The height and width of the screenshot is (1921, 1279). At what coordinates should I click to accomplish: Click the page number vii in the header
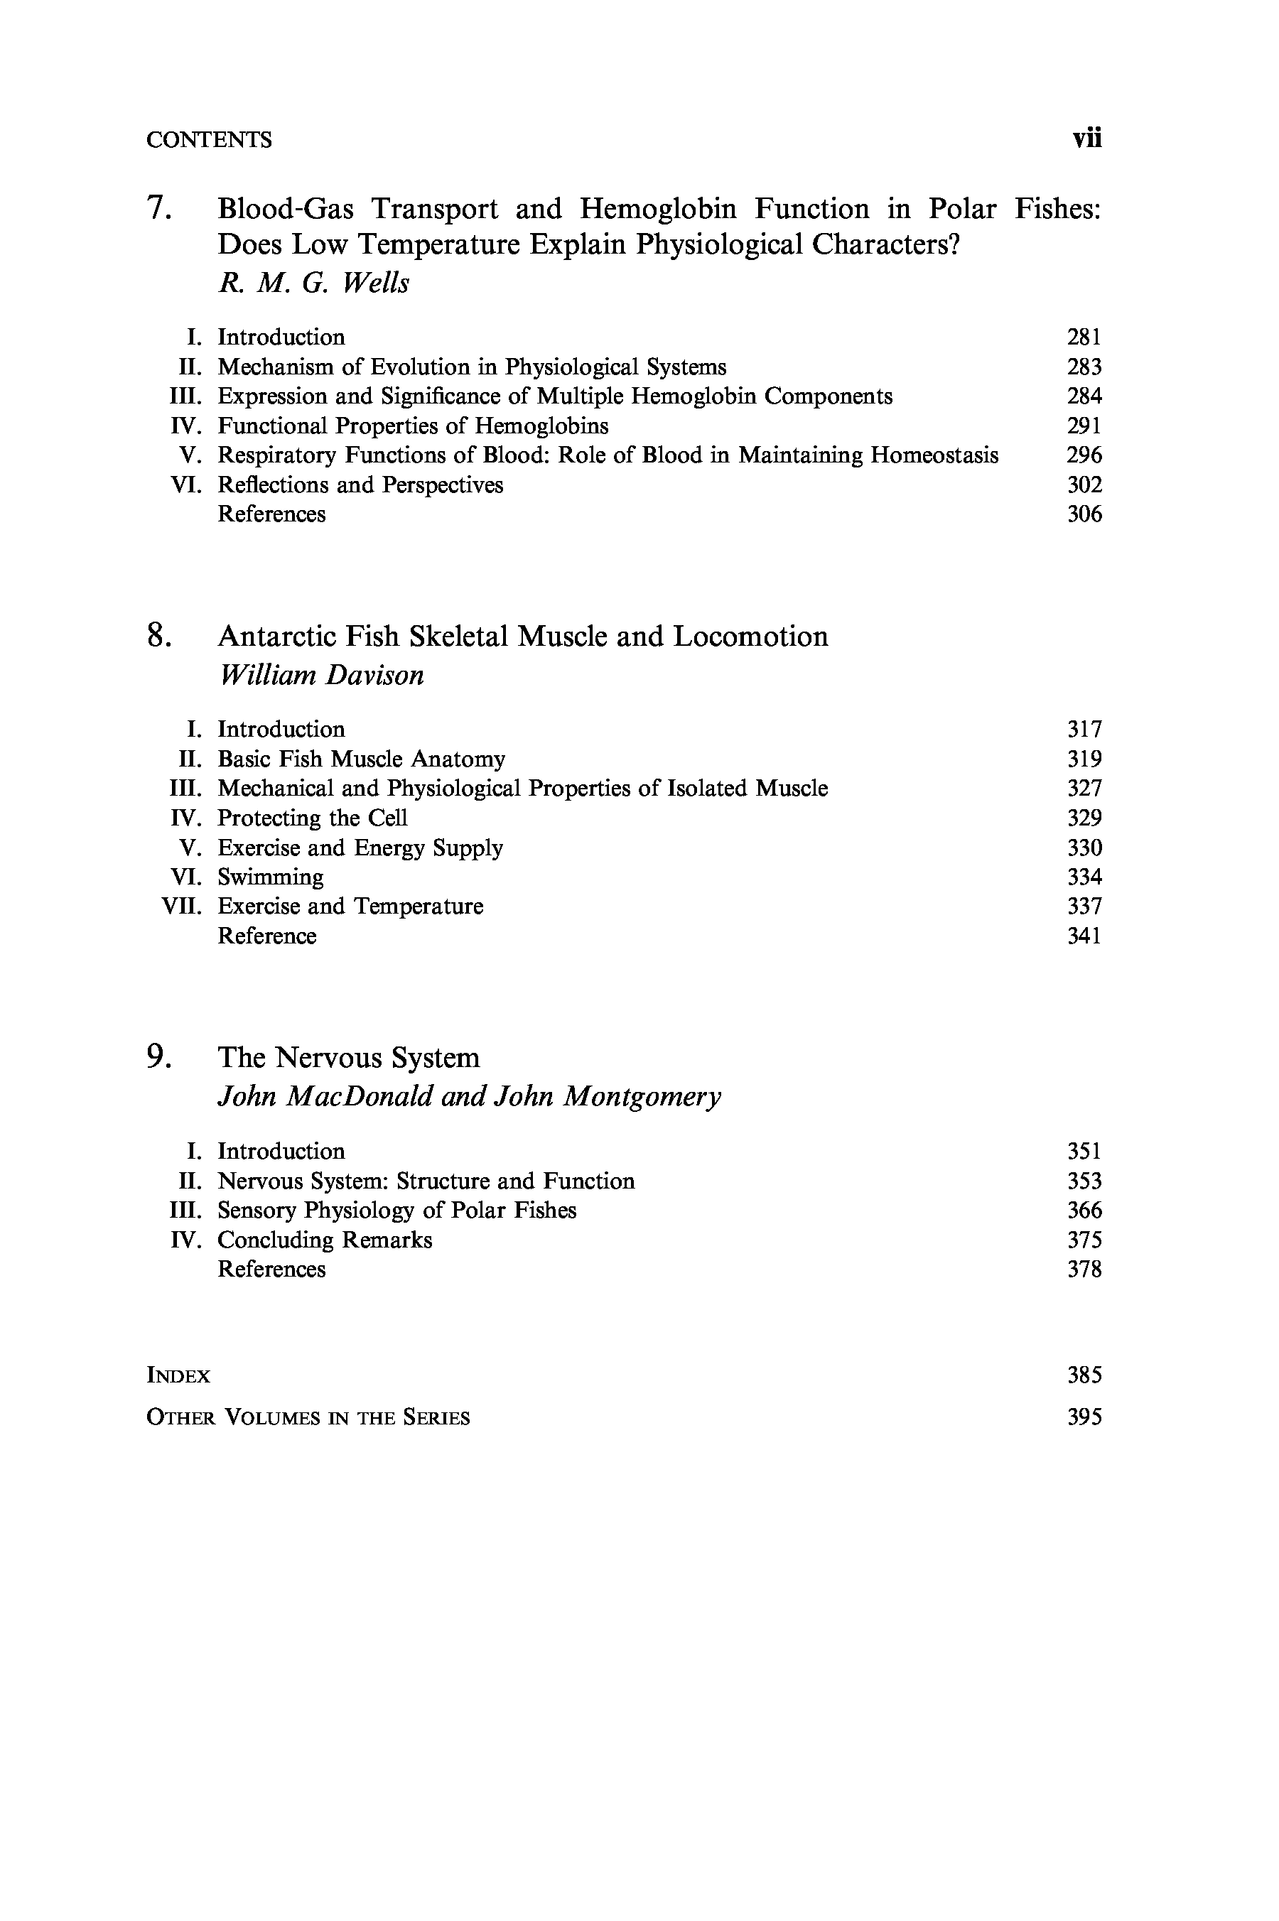click(1086, 139)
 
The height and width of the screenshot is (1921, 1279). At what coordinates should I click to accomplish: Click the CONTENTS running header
click(209, 140)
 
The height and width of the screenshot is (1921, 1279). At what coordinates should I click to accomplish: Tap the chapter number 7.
click(158, 209)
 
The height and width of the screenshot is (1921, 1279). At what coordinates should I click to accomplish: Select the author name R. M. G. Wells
click(313, 283)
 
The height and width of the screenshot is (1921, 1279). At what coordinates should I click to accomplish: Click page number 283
click(1084, 367)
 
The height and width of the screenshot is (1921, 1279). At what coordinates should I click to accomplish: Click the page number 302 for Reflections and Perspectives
click(1084, 485)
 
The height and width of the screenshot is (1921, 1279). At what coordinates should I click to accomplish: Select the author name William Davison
click(321, 675)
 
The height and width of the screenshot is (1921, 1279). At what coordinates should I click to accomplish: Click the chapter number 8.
click(158, 636)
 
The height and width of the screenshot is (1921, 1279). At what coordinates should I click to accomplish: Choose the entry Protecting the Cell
click(313, 818)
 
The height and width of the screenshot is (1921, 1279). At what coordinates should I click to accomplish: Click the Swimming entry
click(270, 877)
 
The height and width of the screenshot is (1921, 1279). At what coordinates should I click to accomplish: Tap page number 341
click(1084, 936)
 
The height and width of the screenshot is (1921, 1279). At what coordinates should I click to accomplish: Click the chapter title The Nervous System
click(348, 1058)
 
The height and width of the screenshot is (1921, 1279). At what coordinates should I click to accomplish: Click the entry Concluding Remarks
click(325, 1240)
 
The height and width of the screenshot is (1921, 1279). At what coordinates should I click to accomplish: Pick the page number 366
click(1084, 1211)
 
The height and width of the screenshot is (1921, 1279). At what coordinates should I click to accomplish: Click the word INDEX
click(178, 1376)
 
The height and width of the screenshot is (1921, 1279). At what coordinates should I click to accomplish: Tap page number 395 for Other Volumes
click(1084, 1417)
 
